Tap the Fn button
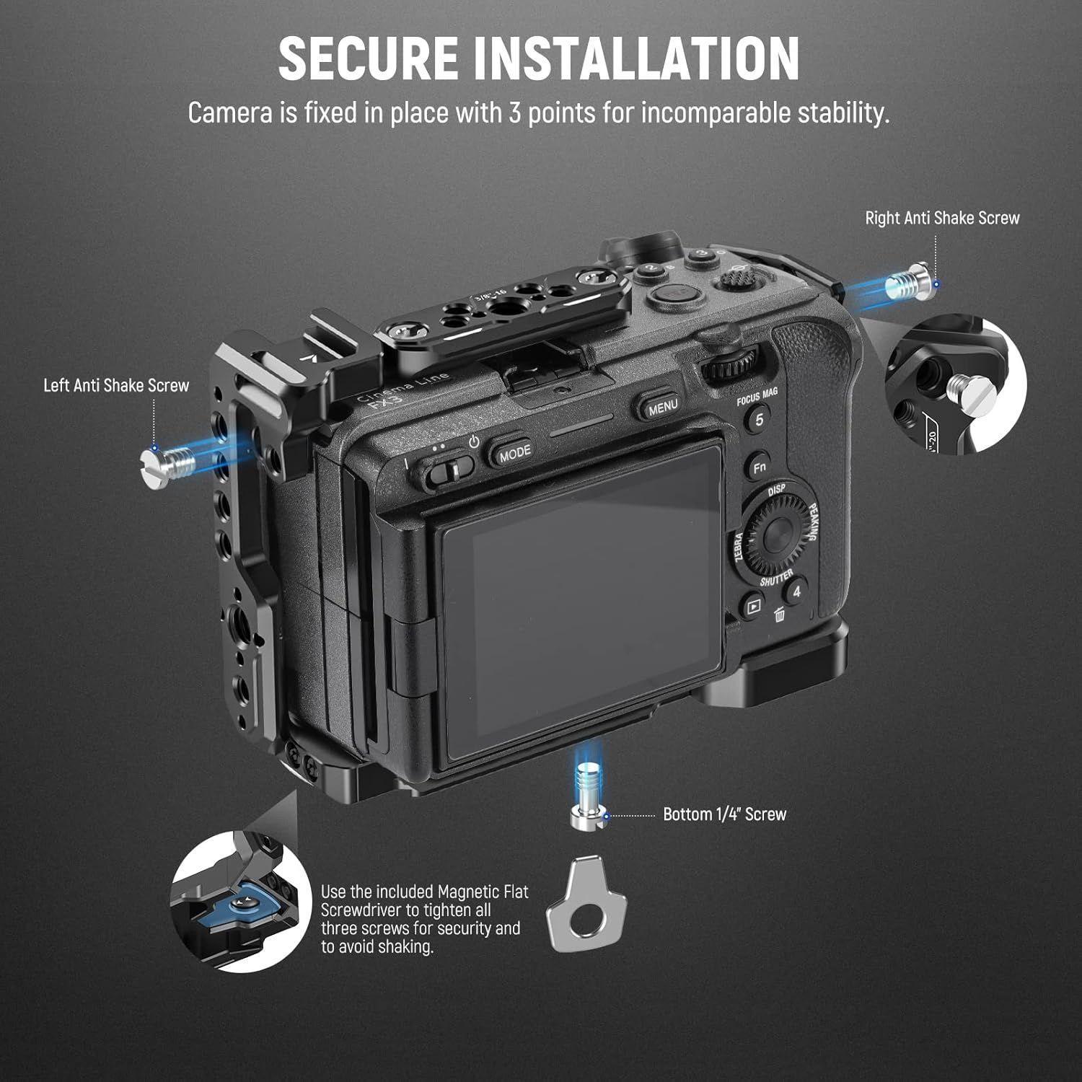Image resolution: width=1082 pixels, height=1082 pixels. (759, 467)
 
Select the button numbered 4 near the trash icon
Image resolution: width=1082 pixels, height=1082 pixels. (796, 592)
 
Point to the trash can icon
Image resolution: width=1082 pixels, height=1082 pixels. (779, 615)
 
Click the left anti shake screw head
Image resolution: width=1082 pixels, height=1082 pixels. (153, 459)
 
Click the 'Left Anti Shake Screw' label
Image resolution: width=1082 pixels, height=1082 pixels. (116, 385)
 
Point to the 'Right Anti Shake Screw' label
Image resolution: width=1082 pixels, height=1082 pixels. (942, 218)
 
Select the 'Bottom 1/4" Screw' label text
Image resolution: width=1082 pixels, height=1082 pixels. (724, 814)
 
